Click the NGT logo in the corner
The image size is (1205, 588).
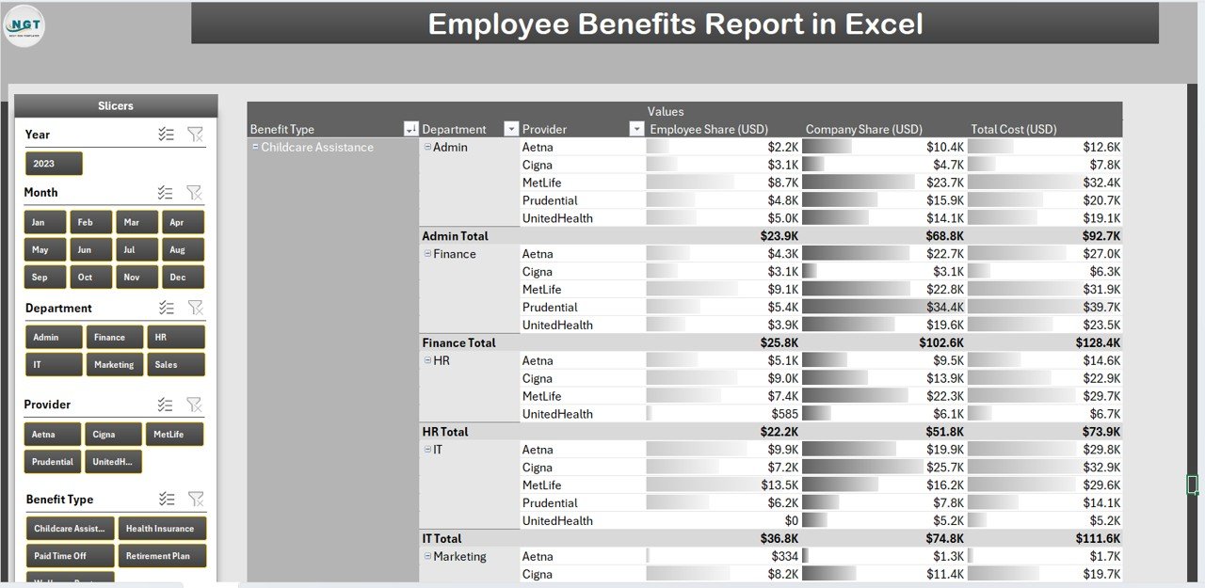coord(24,25)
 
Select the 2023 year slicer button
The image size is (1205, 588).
coord(54,164)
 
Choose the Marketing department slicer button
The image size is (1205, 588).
coord(114,365)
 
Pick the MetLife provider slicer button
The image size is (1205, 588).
coord(173,435)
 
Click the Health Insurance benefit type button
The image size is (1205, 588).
coord(161,529)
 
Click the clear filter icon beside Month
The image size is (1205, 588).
coord(194,193)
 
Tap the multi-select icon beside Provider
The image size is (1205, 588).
coord(166,405)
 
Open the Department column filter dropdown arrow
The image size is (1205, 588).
coord(511,129)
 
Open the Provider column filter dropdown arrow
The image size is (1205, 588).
coord(636,129)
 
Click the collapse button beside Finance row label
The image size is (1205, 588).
coord(427,254)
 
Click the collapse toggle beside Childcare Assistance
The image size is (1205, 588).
coord(255,147)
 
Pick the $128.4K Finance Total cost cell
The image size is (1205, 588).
coord(1098,343)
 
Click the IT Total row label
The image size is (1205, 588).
coord(442,539)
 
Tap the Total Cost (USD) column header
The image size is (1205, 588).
coord(1013,129)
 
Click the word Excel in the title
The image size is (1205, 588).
coord(884,24)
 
